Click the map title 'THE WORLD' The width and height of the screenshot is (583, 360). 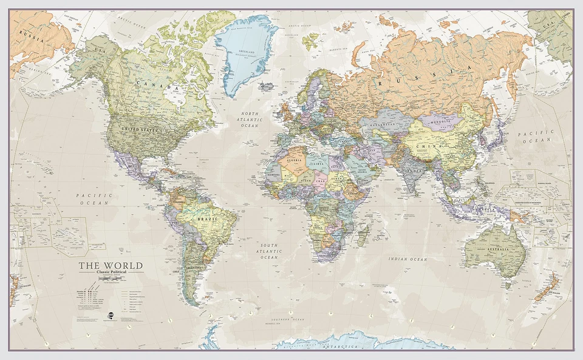pyautogui.click(x=110, y=265)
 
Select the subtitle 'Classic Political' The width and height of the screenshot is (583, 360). pyautogui.click(x=110, y=272)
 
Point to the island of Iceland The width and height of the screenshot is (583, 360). pyautogui.click(x=265, y=86)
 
